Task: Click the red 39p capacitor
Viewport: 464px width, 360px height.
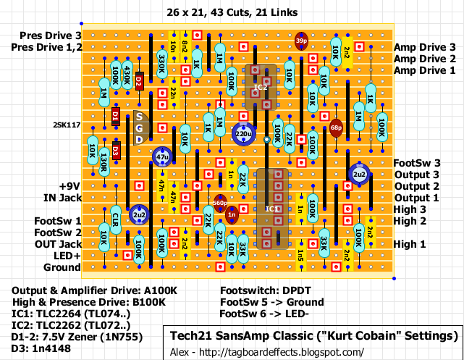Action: tap(301, 41)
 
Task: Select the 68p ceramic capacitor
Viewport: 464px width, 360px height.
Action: tap(336, 127)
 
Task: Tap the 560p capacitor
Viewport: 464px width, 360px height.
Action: tap(220, 203)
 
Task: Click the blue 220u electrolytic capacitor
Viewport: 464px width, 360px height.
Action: tap(242, 134)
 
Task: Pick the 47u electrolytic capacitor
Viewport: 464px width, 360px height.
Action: tap(162, 156)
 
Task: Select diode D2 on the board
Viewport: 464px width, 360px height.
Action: tap(138, 83)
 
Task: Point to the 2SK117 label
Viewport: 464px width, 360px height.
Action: tap(67, 125)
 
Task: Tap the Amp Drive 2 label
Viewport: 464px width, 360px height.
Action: tap(425, 58)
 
